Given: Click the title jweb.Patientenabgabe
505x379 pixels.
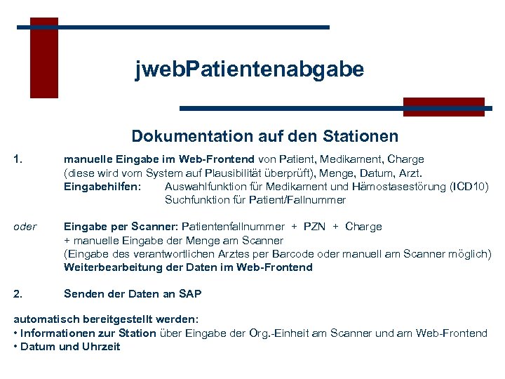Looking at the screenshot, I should [250, 69].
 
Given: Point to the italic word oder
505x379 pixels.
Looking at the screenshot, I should [25, 227].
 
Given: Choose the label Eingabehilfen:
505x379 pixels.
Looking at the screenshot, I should [102, 186].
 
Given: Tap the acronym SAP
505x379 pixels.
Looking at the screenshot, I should [190, 294].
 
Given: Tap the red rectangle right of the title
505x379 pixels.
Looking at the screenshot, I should [443, 106].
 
